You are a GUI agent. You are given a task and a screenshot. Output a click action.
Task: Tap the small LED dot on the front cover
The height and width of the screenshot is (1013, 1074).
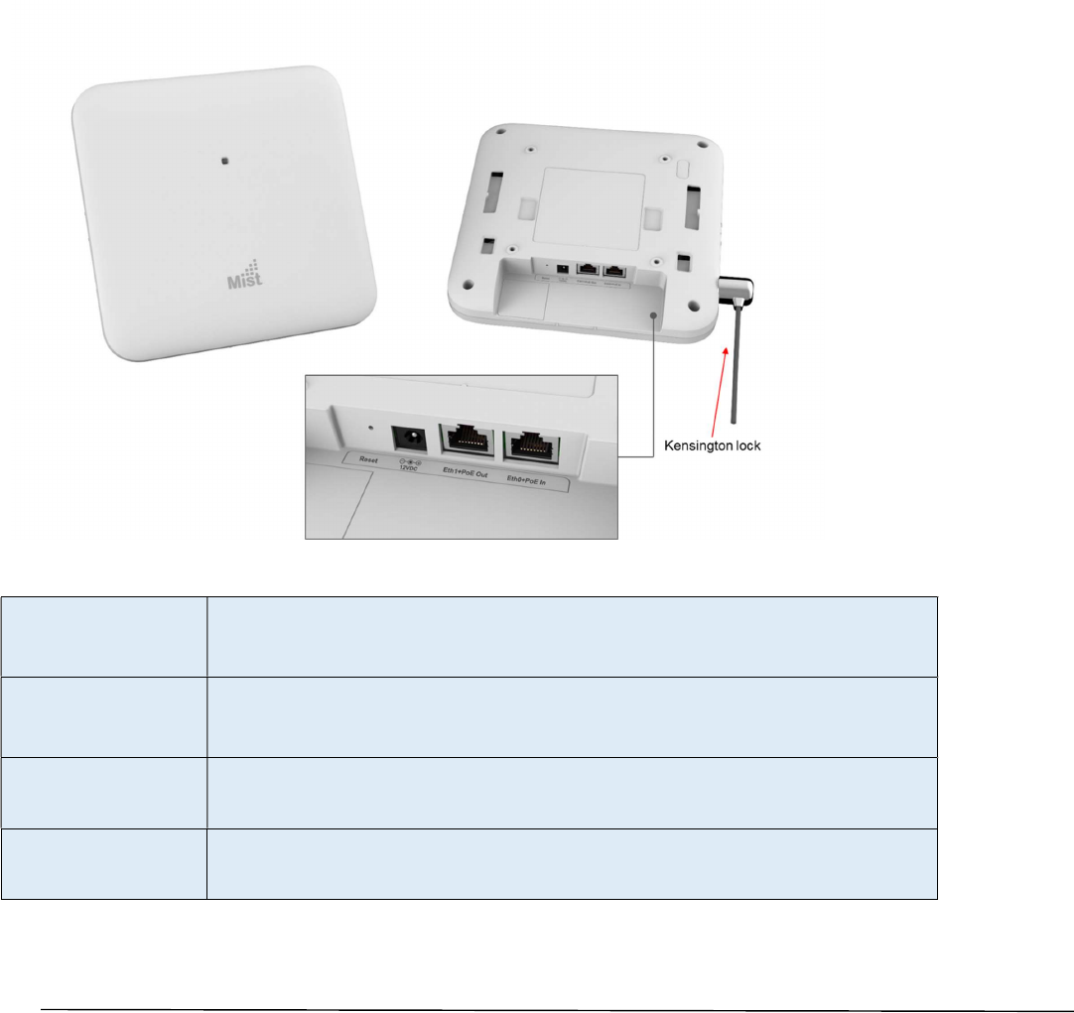coord(226,158)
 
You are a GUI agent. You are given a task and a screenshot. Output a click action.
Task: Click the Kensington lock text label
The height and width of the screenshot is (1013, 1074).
coord(712,446)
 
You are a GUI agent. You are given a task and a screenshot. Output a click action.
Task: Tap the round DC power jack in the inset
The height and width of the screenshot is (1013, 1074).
coord(408,437)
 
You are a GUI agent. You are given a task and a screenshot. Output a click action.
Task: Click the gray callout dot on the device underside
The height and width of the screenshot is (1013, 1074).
coord(654,313)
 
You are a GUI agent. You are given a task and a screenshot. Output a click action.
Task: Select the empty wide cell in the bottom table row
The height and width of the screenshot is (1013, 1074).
coord(572,863)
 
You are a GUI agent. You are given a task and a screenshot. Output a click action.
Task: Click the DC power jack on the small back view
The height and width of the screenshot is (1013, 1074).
coord(564,268)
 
